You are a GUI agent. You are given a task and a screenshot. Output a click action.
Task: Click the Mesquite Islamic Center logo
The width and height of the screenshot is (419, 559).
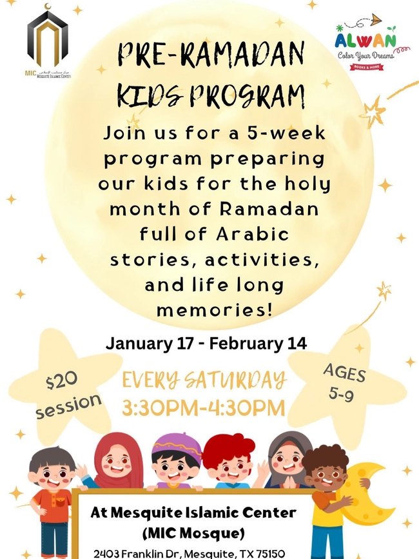47,45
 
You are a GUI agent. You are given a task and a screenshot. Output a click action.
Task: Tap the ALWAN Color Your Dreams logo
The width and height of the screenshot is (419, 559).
365,47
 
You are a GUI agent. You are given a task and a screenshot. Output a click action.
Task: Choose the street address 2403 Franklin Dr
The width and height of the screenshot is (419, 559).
146,553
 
